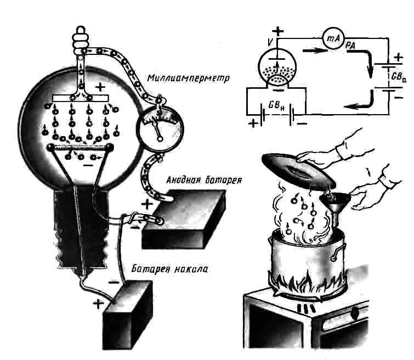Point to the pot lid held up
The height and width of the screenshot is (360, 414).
click(298, 170)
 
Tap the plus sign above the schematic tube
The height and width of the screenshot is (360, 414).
click(278, 31)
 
